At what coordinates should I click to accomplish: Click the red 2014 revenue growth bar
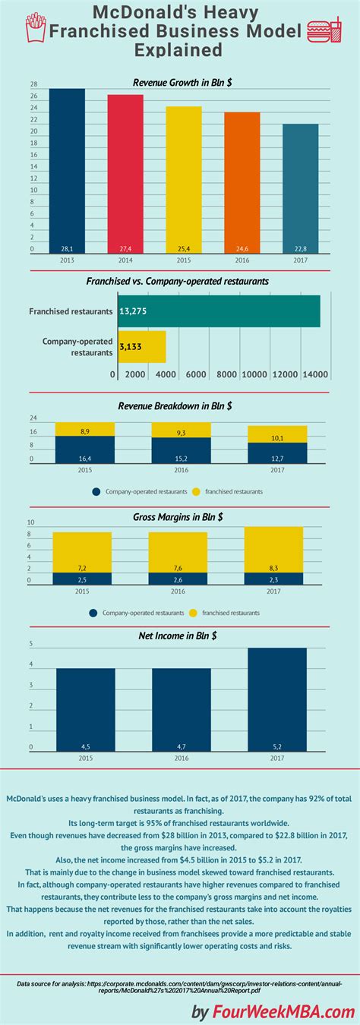click(x=125, y=175)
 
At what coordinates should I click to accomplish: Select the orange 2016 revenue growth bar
click(x=242, y=183)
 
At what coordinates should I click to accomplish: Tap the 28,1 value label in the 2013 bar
click(x=68, y=249)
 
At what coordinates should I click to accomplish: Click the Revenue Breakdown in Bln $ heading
click(x=180, y=405)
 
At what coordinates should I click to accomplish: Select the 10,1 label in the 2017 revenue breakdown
click(x=277, y=437)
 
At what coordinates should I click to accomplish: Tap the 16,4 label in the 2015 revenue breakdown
click(x=85, y=459)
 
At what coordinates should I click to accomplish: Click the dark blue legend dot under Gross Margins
click(x=93, y=612)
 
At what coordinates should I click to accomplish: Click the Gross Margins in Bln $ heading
click(x=180, y=517)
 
